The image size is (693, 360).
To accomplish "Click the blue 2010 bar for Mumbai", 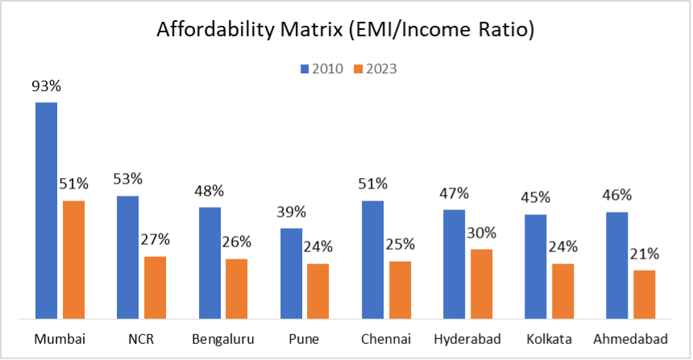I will (46, 210).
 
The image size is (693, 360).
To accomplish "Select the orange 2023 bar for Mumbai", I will (73, 259).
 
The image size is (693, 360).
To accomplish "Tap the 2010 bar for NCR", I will (127, 257).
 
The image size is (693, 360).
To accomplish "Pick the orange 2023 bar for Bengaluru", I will (237, 288).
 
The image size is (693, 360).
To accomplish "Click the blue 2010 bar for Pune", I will (291, 273).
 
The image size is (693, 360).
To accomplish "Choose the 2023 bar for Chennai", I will (400, 289).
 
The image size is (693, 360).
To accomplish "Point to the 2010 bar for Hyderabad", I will (454, 263).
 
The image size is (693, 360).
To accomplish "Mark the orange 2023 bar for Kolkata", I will (563, 291).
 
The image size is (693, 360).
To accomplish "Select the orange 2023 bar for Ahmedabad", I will (645, 294).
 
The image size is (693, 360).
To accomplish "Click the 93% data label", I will (46, 86).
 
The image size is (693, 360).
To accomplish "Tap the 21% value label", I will (645, 254).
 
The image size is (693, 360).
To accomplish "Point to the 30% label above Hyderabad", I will (482, 233).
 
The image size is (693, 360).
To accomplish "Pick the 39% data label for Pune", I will (291, 212).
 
